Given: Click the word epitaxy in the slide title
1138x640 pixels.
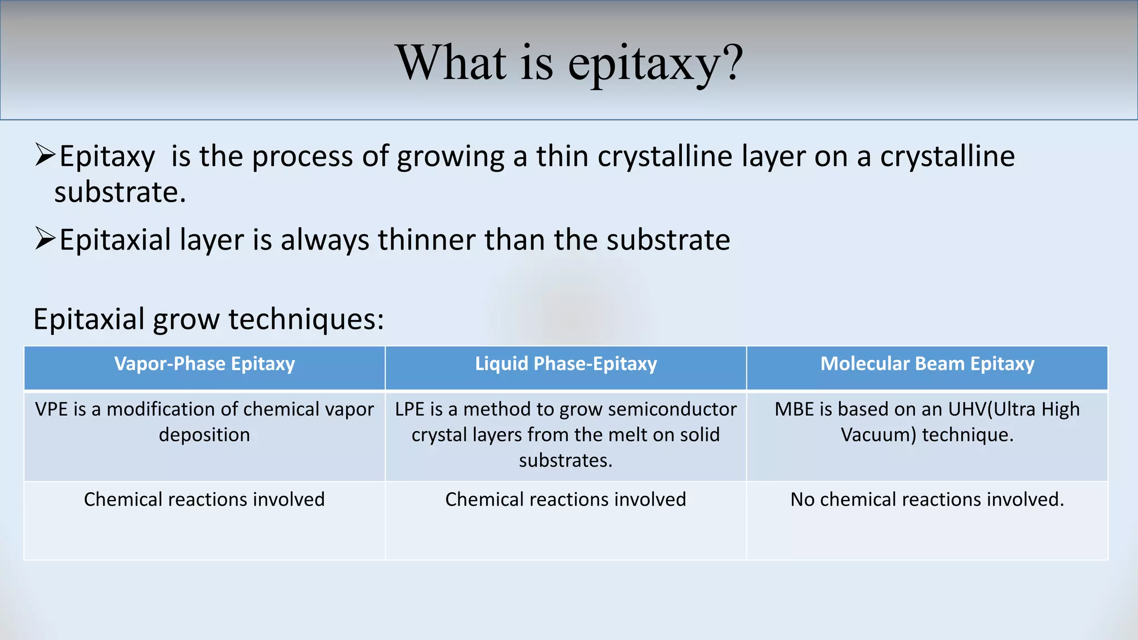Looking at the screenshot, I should (645, 64).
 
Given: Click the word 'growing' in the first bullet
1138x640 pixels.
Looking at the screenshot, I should (450, 157).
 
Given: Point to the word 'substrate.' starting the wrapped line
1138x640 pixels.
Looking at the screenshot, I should (119, 193).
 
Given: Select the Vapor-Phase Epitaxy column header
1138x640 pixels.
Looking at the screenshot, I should (204, 364).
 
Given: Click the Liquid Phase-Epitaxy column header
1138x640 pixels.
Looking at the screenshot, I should (566, 364).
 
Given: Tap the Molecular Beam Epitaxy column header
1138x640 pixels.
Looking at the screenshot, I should (927, 364).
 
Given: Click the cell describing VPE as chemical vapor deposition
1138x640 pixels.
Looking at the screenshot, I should (204, 422).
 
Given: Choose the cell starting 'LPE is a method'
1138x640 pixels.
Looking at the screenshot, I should (566, 434).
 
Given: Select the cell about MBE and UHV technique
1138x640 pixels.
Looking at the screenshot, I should (927, 422).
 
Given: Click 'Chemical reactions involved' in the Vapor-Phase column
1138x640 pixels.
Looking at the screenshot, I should (204, 499).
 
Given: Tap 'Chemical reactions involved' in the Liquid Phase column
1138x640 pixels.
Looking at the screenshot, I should (566, 499).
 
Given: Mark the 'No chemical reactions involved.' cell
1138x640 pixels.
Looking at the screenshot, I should (927, 499).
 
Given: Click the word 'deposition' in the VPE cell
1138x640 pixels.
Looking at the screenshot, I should (204, 435).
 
